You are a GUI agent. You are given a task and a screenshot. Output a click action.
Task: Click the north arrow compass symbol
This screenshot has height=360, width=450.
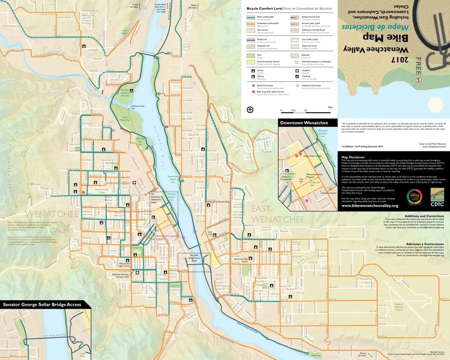tap(250, 110)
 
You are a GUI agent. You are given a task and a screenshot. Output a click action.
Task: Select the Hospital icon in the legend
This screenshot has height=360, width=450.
tap(297, 71)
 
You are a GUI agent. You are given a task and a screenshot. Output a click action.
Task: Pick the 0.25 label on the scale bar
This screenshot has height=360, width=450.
tap(293, 111)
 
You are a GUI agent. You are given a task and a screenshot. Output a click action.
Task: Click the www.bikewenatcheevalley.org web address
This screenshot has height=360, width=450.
tap(370, 206)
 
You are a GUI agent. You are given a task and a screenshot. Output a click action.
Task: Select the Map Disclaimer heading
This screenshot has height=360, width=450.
tap(353, 157)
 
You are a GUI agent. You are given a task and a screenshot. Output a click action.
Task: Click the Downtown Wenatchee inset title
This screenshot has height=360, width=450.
tap(304, 123)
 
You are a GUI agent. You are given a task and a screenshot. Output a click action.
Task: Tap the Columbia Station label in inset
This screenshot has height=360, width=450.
tap(328, 193)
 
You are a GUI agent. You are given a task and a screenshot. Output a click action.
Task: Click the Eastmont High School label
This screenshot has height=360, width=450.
tap(241, 260)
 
